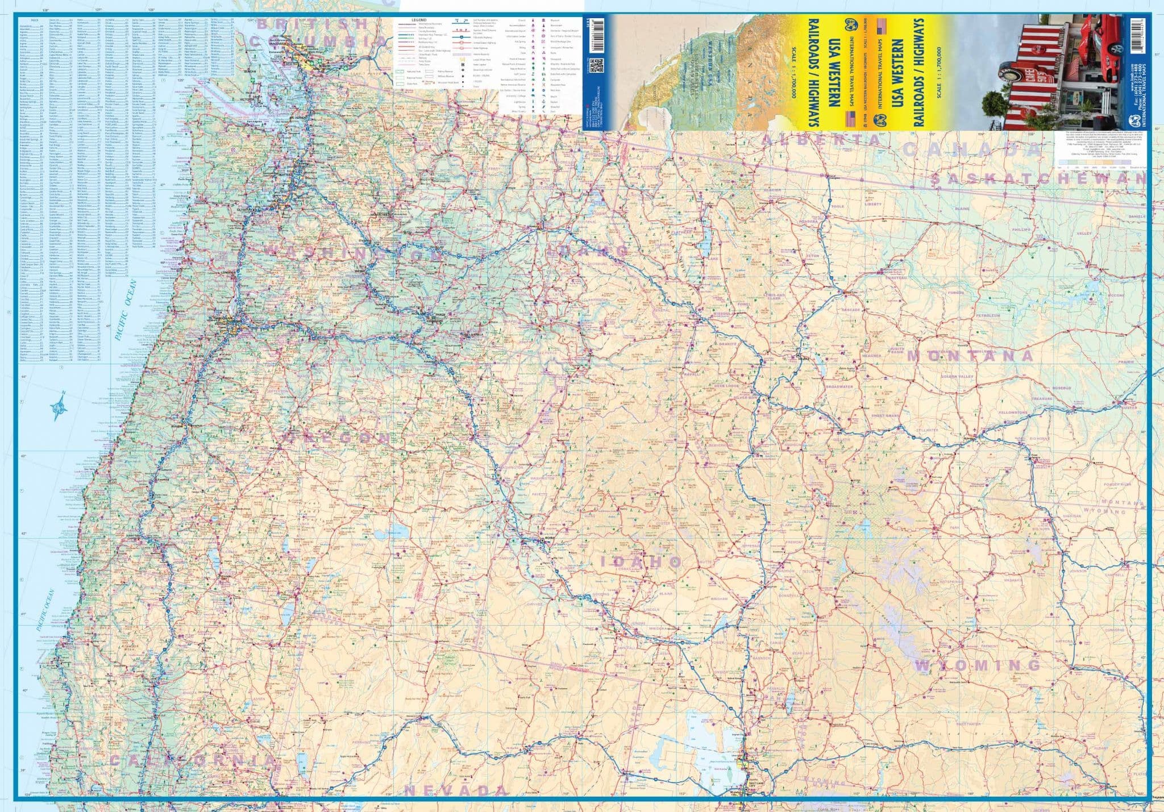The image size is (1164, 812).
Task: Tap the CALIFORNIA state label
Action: pos(193,760)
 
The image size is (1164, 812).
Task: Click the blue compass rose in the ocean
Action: pos(58,406)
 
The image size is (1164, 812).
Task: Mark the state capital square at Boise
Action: pos(543,542)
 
